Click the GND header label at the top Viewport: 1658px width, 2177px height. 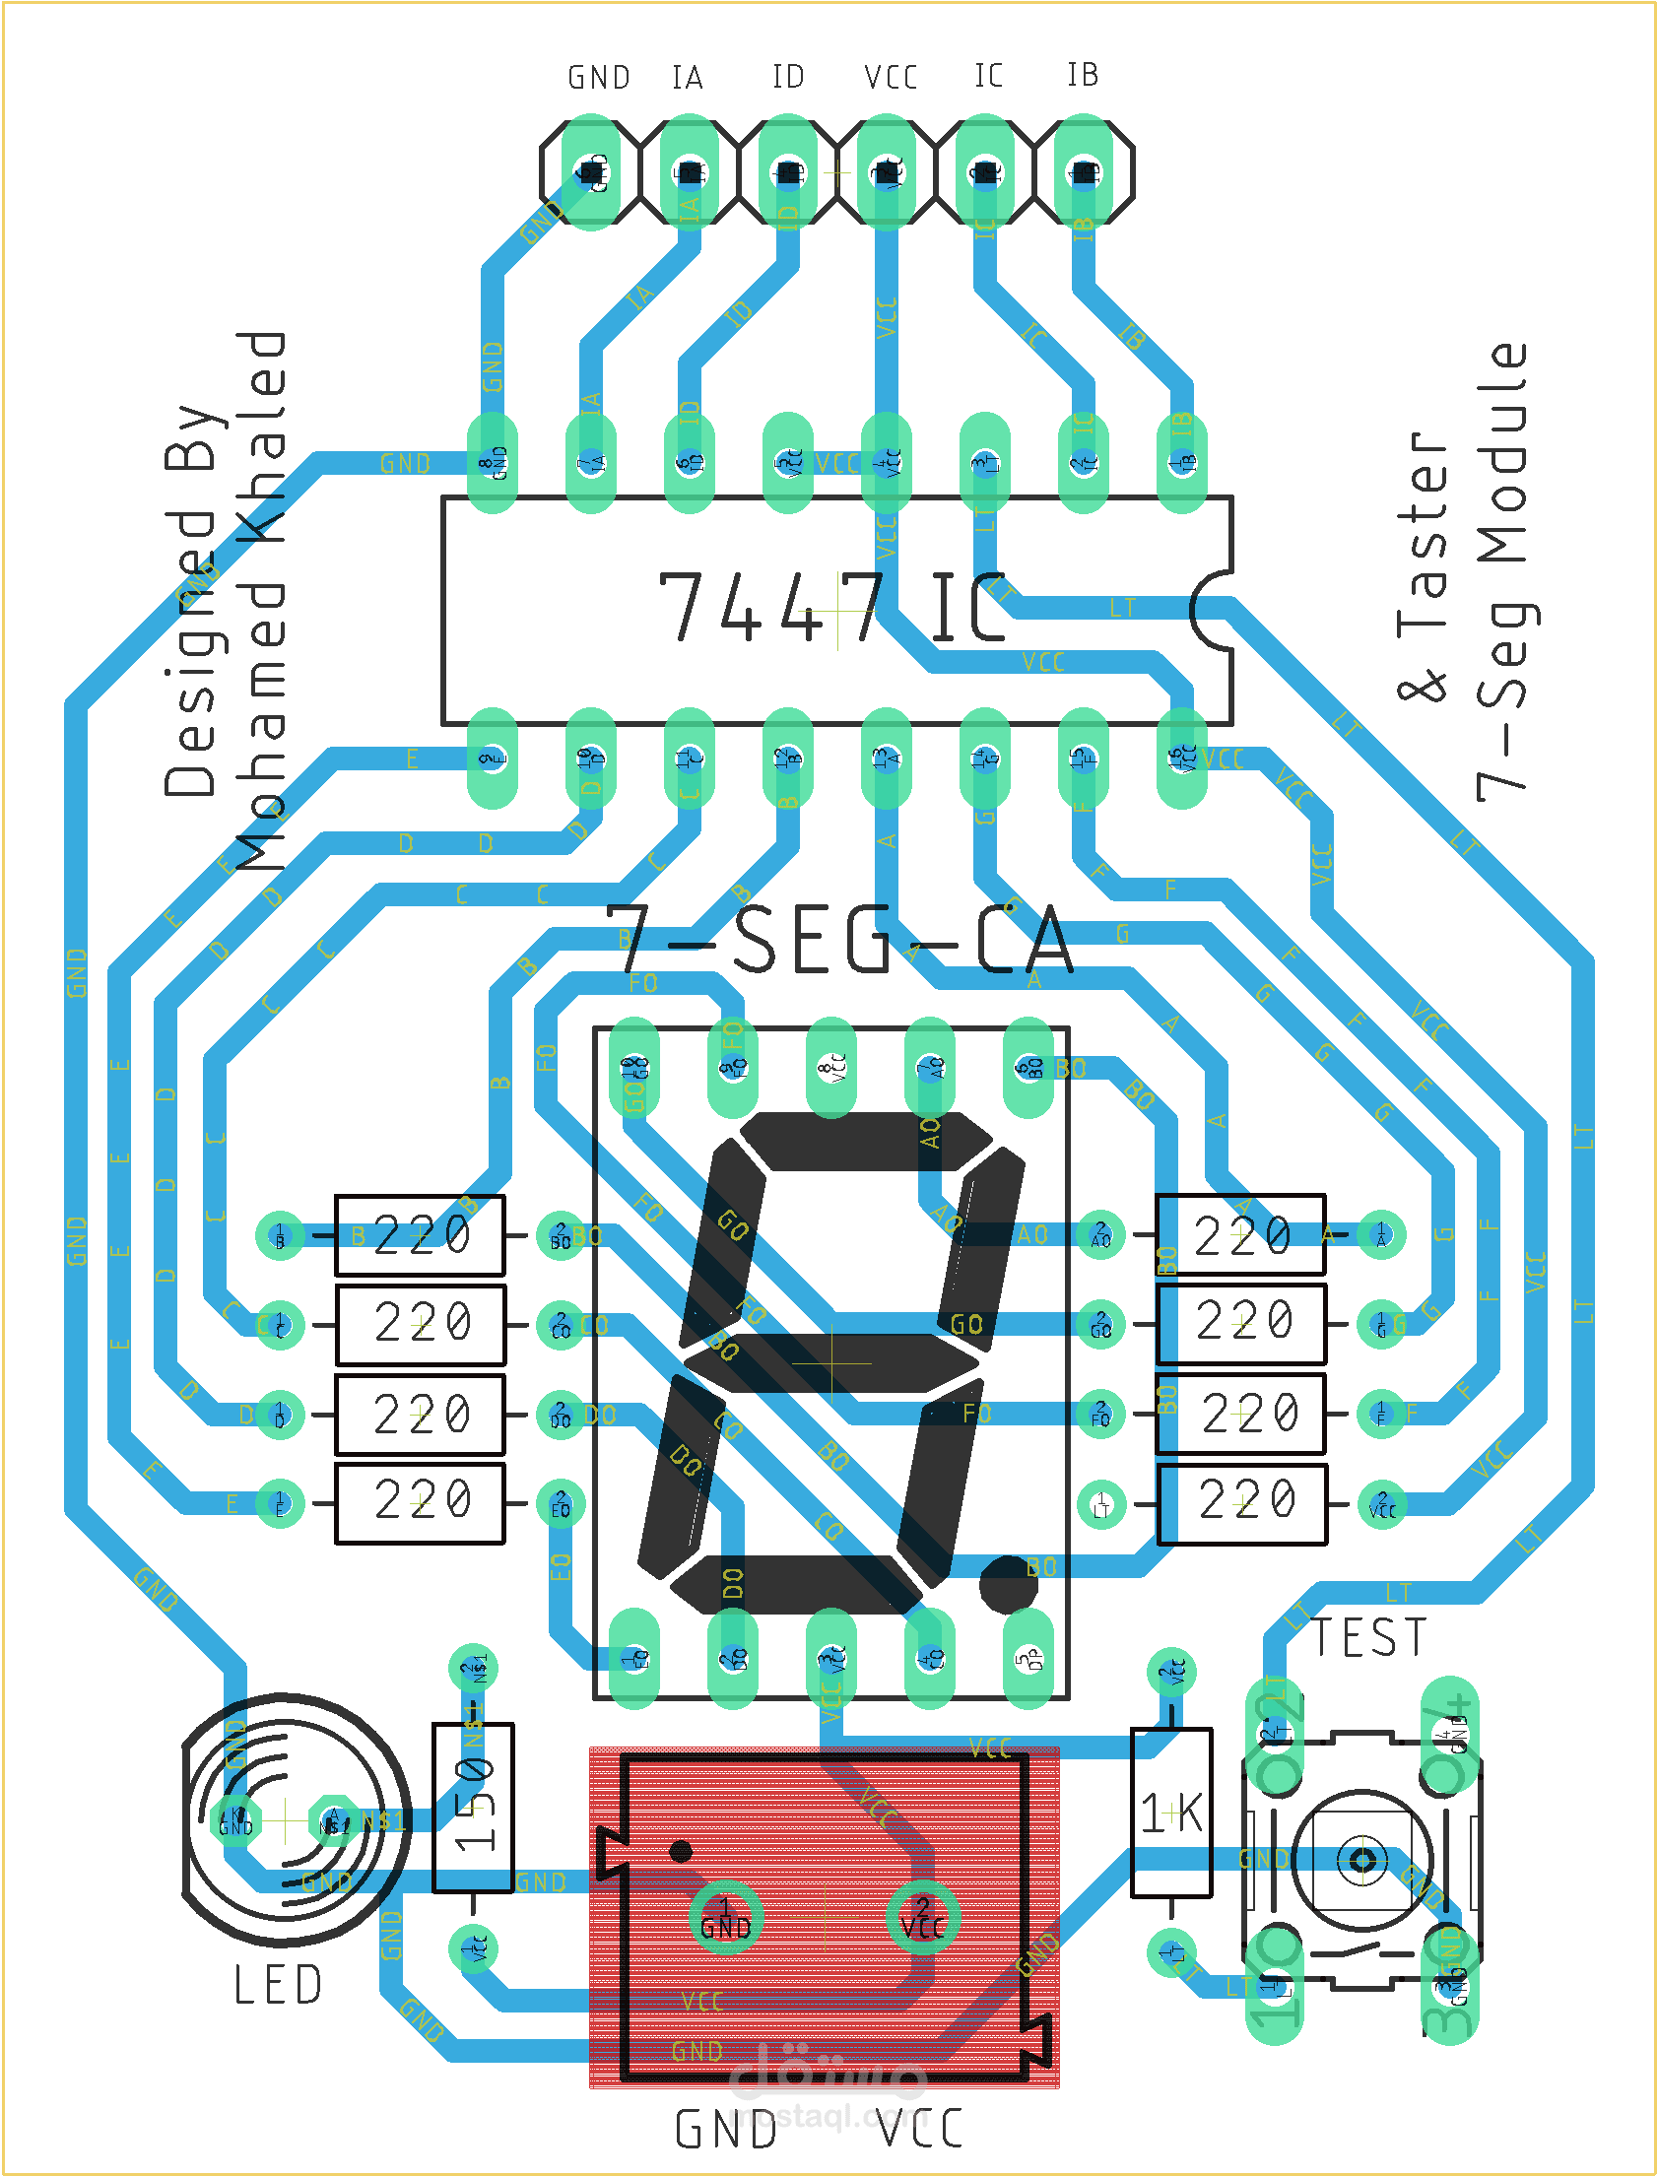pos(598,77)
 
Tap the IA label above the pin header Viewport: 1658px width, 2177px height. pos(687,77)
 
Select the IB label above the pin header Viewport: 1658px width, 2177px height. pos(1082,75)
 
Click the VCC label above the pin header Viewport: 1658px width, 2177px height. pos(891,77)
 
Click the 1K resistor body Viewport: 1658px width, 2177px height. pos(1170,1812)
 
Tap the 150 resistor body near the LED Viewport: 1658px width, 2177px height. pos(473,1806)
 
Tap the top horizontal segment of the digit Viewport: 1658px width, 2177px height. pos(867,1141)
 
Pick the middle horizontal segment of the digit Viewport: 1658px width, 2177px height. pos(831,1363)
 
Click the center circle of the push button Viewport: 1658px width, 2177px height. pos(1361,1861)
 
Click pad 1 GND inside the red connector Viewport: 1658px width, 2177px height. pos(725,1919)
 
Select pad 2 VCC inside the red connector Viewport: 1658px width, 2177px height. pos(922,1919)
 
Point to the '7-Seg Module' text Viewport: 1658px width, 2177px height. pos(1502,572)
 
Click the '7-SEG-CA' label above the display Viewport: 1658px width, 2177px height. pos(839,940)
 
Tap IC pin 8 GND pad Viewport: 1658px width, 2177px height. pos(493,462)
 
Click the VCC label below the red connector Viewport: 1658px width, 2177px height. pos(920,2130)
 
